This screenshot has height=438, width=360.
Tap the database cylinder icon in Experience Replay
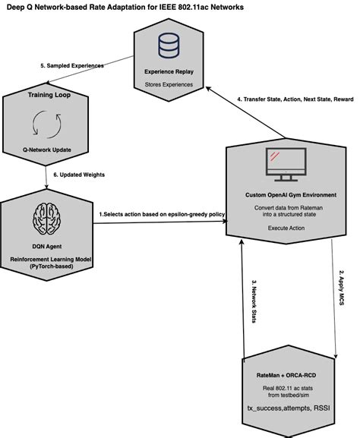point(168,46)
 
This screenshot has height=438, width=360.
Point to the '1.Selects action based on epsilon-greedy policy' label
point(161,216)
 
